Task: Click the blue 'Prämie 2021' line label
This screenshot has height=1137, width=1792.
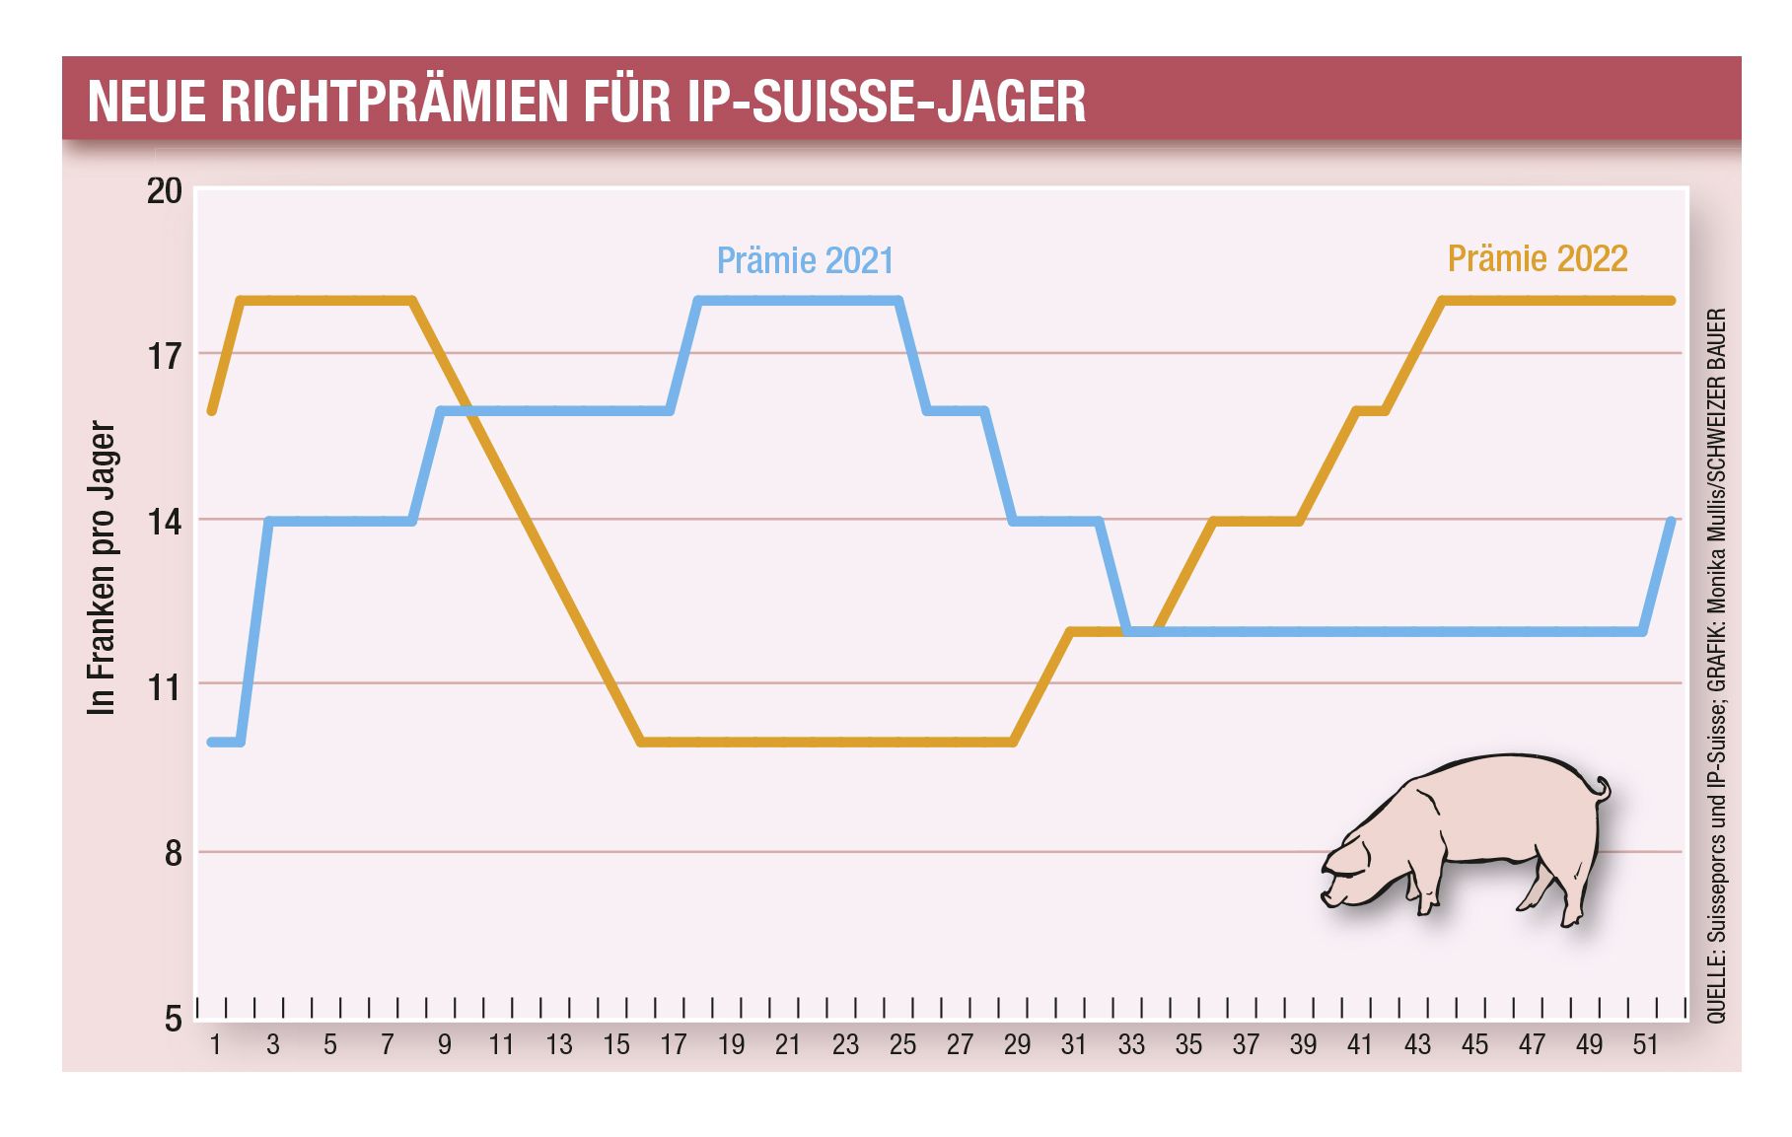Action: coord(805,260)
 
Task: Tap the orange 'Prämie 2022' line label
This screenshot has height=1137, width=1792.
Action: coord(1537,258)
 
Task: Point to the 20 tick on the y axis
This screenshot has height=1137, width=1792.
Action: coord(165,190)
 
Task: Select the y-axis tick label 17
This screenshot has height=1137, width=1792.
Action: coord(165,355)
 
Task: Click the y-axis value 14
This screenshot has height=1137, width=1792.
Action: coord(165,521)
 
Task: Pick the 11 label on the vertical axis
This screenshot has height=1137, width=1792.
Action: coord(165,685)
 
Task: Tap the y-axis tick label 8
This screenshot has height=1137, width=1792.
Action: coord(173,852)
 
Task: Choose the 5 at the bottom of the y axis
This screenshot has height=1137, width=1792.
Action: coord(173,1019)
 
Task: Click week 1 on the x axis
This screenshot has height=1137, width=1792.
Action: coord(216,1044)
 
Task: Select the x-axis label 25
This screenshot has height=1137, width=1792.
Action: coord(902,1044)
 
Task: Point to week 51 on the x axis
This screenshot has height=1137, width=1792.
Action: coord(1645,1044)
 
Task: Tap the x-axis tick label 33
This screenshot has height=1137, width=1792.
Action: coord(1131,1044)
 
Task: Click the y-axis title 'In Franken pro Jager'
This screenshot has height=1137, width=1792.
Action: coord(102,568)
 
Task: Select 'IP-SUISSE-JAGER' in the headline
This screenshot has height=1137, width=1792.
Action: coord(886,102)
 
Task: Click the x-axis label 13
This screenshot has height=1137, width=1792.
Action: coord(559,1044)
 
